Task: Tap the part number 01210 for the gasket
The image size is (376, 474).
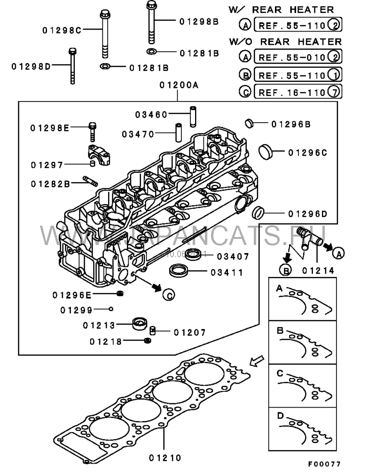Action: (164, 457)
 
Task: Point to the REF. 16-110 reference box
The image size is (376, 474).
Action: (297, 92)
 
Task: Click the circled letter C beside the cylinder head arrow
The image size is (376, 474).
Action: (169, 294)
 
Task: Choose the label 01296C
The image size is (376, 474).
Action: (307, 152)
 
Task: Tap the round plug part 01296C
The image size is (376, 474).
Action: (266, 152)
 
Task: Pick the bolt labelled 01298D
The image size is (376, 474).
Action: (72, 65)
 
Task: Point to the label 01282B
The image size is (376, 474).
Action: (51, 183)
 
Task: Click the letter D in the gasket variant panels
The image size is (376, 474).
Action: (280, 415)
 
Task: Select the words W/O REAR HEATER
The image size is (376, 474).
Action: (285, 41)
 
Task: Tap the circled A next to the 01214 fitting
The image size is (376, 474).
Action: (338, 253)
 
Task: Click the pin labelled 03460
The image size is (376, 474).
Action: (192, 116)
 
